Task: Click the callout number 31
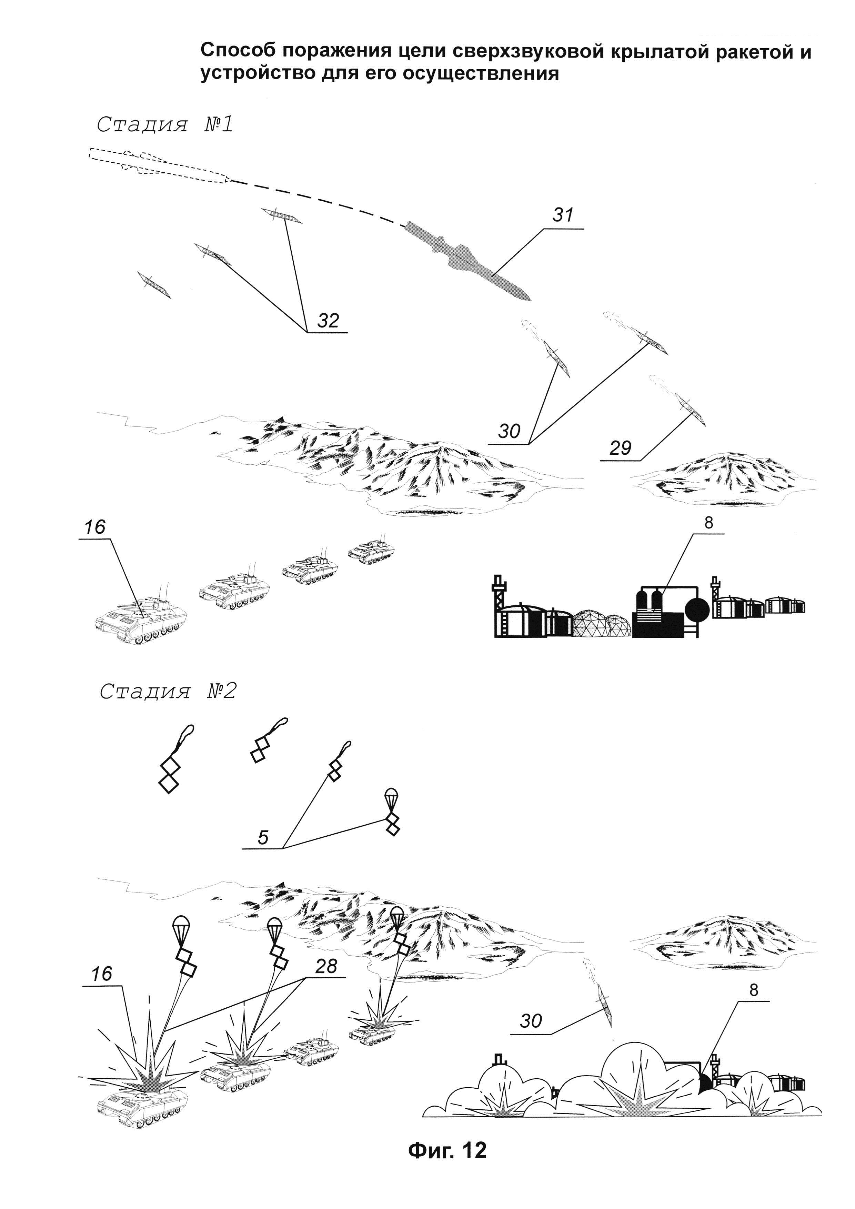(563, 215)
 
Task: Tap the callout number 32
(328, 320)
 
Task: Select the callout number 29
(620, 448)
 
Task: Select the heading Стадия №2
(168, 692)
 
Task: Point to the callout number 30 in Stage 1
(509, 431)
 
